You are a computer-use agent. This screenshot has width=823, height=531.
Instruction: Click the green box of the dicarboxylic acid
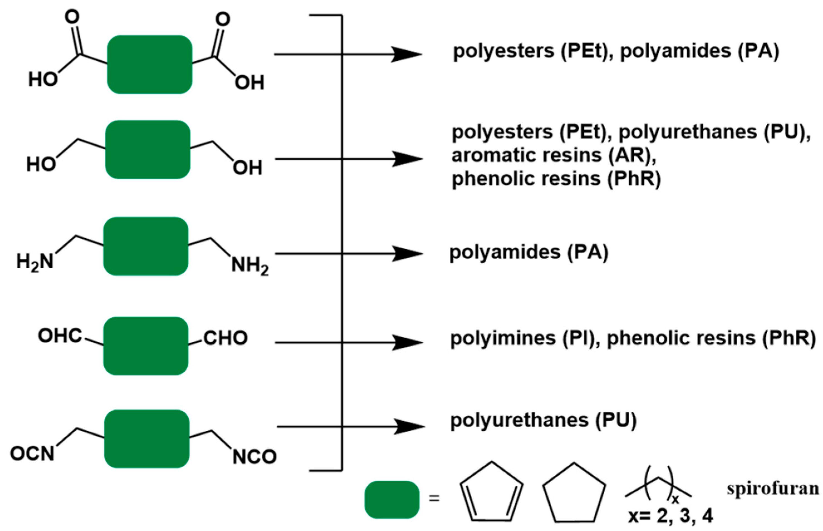[x=149, y=64]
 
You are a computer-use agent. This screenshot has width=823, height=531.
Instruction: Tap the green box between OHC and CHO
[x=146, y=346]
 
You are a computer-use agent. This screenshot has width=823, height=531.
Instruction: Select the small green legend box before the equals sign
[x=392, y=500]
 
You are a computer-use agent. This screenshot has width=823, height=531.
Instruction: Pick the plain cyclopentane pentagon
[x=574, y=494]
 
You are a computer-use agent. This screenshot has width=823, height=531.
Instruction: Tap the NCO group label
[x=254, y=457]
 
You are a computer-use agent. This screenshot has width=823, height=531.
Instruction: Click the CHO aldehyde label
[x=225, y=338]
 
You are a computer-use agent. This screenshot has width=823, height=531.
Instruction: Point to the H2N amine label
[x=35, y=262]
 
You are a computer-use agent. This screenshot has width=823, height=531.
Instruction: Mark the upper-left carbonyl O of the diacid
[x=72, y=17]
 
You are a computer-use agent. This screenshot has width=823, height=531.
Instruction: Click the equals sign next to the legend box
[x=434, y=498]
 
